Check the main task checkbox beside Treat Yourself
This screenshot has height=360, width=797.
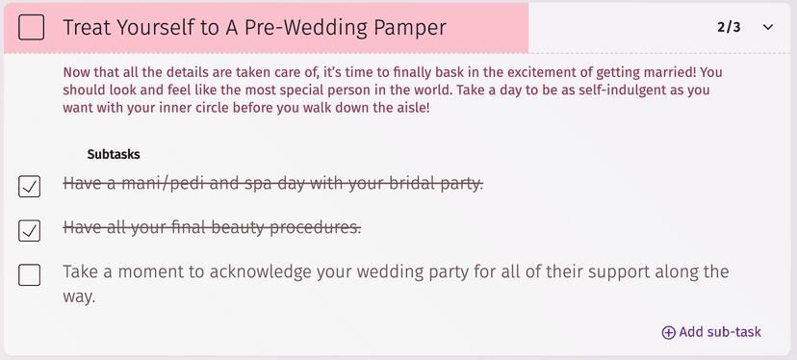point(31,28)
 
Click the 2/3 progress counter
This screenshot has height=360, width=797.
point(729,27)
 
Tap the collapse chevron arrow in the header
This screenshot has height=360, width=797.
point(767,27)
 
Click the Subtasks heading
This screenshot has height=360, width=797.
point(115,153)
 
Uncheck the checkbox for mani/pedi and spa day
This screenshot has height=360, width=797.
point(30,186)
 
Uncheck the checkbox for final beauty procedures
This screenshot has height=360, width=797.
point(30,230)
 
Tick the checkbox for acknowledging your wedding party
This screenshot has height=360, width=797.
point(30,275)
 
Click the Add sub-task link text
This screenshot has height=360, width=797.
point(720,332)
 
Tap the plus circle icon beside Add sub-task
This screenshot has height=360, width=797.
point(668,332)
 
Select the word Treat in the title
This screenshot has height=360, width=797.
point(88,28)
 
